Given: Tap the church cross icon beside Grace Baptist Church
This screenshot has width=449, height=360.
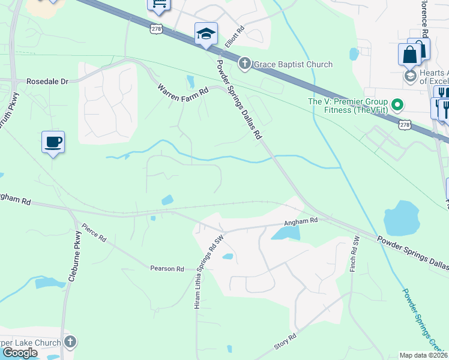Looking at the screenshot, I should [x=244, y=63].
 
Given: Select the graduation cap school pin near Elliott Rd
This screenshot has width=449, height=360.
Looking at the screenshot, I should [x=206, y=34].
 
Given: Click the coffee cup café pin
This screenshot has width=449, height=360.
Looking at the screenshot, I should [x=53, y=142].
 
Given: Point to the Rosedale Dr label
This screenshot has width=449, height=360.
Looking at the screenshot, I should [x=48, y=81].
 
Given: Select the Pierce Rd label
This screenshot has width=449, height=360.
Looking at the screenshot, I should [x=94, y=233].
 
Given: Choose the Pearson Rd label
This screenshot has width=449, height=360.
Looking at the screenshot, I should [x=167, y=269].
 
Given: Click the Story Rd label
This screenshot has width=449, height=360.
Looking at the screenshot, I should [x=285, y=341].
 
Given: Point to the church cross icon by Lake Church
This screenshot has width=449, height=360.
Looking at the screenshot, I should [x=70, y=343].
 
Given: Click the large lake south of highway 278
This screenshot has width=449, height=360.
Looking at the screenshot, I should [x=402, y=218].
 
